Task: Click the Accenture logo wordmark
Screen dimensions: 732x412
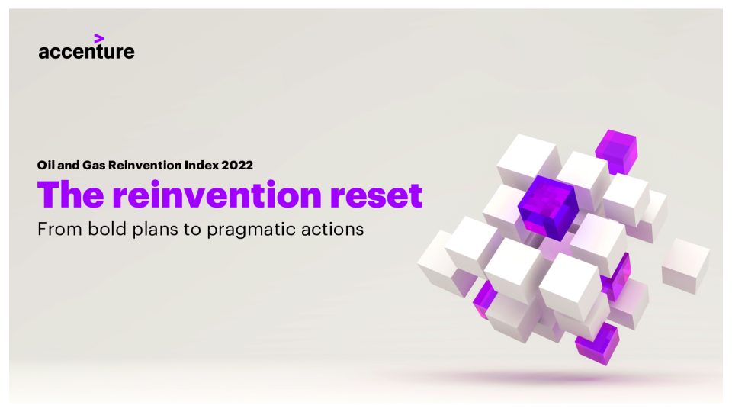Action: tap(86, 51)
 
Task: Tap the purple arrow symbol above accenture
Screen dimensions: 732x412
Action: tap(98, 38)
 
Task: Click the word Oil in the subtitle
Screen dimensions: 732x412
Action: tap(46, 165)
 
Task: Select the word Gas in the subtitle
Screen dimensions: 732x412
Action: tap(93, 165)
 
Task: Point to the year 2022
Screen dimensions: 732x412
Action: tap(237, 165)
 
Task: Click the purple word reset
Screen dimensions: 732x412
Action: tap(376, 195)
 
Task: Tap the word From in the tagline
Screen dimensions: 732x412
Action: tap(59, 229)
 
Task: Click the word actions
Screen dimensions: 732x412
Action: tap(332, 229)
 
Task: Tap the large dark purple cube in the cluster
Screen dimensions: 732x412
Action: tap(548, 208)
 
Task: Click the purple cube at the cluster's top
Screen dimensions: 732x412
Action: tap(617, 152)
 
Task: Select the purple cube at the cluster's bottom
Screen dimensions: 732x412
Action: tap(597, 344)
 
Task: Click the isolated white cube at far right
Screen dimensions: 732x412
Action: tap(685, 266)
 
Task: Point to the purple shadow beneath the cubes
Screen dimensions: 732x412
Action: tap(551, 376)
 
